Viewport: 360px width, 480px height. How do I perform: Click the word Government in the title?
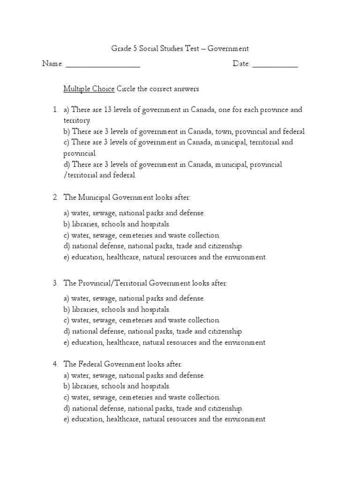click(228, 48)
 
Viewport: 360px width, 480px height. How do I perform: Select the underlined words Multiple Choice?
click(89, 89)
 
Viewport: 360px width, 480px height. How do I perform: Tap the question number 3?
click(55, 283)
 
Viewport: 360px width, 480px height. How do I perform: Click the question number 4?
click(55, 364)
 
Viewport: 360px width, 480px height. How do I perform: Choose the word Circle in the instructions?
click(127, 89)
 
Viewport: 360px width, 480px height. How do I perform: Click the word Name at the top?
click(52, 64)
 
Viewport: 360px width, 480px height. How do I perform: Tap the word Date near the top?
click(241, 64)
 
